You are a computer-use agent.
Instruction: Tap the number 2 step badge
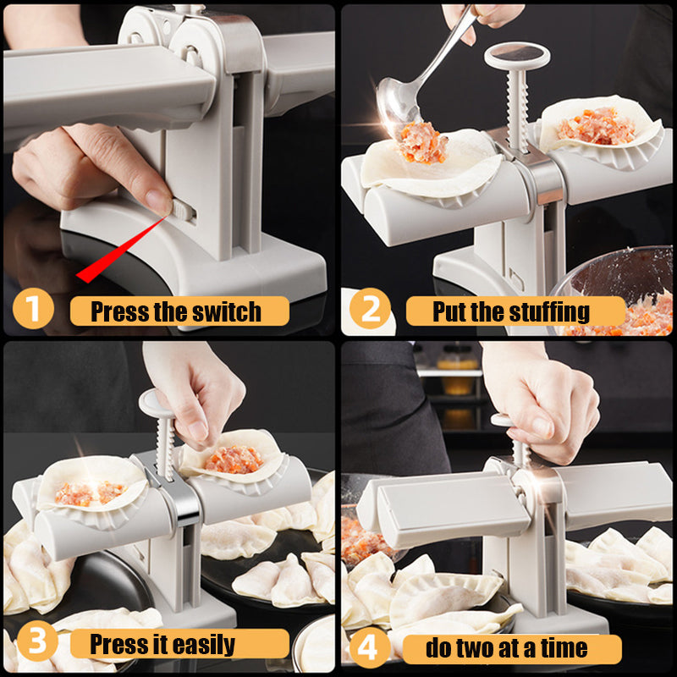tap(371, 310)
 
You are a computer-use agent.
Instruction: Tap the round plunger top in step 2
tap(516, 57)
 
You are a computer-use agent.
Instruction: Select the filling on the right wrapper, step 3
tap(234, 459)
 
